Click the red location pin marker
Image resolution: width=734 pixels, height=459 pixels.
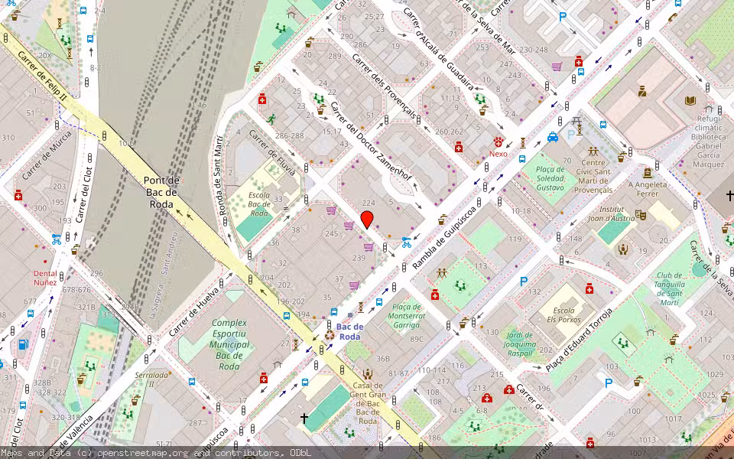tap(367, 220)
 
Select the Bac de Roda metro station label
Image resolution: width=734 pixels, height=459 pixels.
tap(349, 331)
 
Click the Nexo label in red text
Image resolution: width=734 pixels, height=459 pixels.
tap(499, 154)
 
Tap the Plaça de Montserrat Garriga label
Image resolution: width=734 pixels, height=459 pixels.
tap(406, 315)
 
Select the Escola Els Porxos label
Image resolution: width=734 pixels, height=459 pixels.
tap(563, 316)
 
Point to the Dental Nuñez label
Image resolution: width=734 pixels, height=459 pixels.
tap(44, 278)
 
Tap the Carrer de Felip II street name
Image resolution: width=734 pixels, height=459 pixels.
tap(43, 77)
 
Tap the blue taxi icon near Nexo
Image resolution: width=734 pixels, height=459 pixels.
tap(553, 138)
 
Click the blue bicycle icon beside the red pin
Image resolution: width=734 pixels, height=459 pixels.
tap(407, 243)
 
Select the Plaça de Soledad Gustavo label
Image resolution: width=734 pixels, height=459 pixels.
tap(550, 178)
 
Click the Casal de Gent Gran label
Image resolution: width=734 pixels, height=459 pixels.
tap(368, 403)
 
